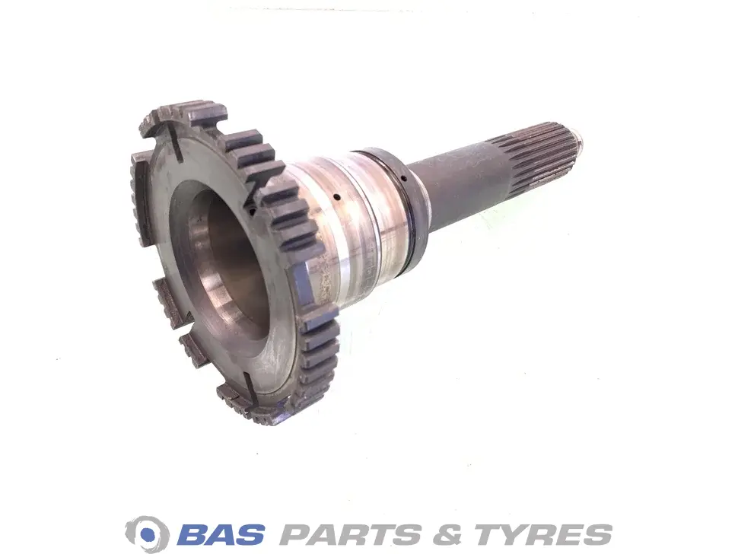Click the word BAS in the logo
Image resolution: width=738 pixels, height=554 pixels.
[x=221, y=533]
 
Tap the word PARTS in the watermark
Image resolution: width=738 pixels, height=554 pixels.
[x=352, y=533]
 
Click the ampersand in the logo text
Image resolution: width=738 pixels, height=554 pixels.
[x=449, y=533]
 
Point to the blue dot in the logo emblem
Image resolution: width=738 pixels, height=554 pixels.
[x=148, y=534]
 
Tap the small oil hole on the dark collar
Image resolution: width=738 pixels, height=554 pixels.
[x=404, y=178]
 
